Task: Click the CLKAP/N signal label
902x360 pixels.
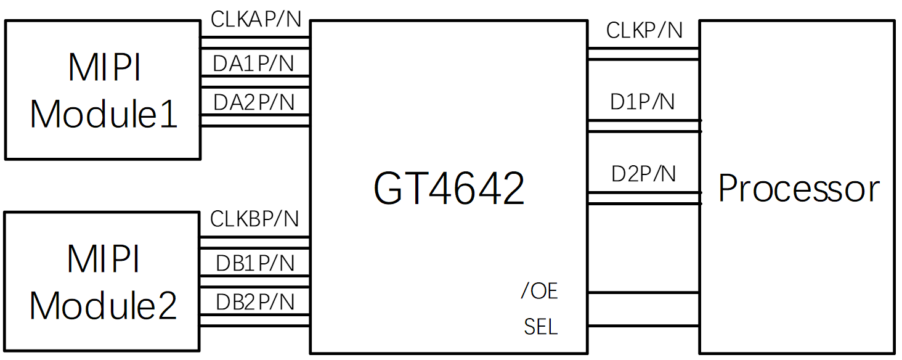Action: pos(256,20)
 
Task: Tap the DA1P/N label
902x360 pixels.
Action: pos(254,63)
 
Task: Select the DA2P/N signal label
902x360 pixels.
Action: pos(254,102)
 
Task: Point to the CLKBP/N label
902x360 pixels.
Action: pos(254,219)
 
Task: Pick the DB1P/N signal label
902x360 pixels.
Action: pos(255,264)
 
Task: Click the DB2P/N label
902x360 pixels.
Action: pos(255,302)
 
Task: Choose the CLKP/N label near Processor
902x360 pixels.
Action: pos(644,30)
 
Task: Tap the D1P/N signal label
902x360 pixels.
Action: pos(643,102)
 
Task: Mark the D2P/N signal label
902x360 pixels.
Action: pos(643,174)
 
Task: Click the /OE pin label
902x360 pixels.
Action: pos(539,291)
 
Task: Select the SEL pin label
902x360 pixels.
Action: pos(541,327)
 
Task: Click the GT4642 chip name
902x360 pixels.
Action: pos(449,188)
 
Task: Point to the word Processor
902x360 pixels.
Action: pos(798,188)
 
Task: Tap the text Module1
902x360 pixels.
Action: pos(104,113)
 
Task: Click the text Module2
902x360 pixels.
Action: pos(104,305)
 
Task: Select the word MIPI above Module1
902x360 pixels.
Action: pos(104,68)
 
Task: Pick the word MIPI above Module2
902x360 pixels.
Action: pos(104,259)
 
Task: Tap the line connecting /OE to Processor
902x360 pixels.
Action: pos(643,293)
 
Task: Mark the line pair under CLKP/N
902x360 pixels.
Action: pos(643,54)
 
